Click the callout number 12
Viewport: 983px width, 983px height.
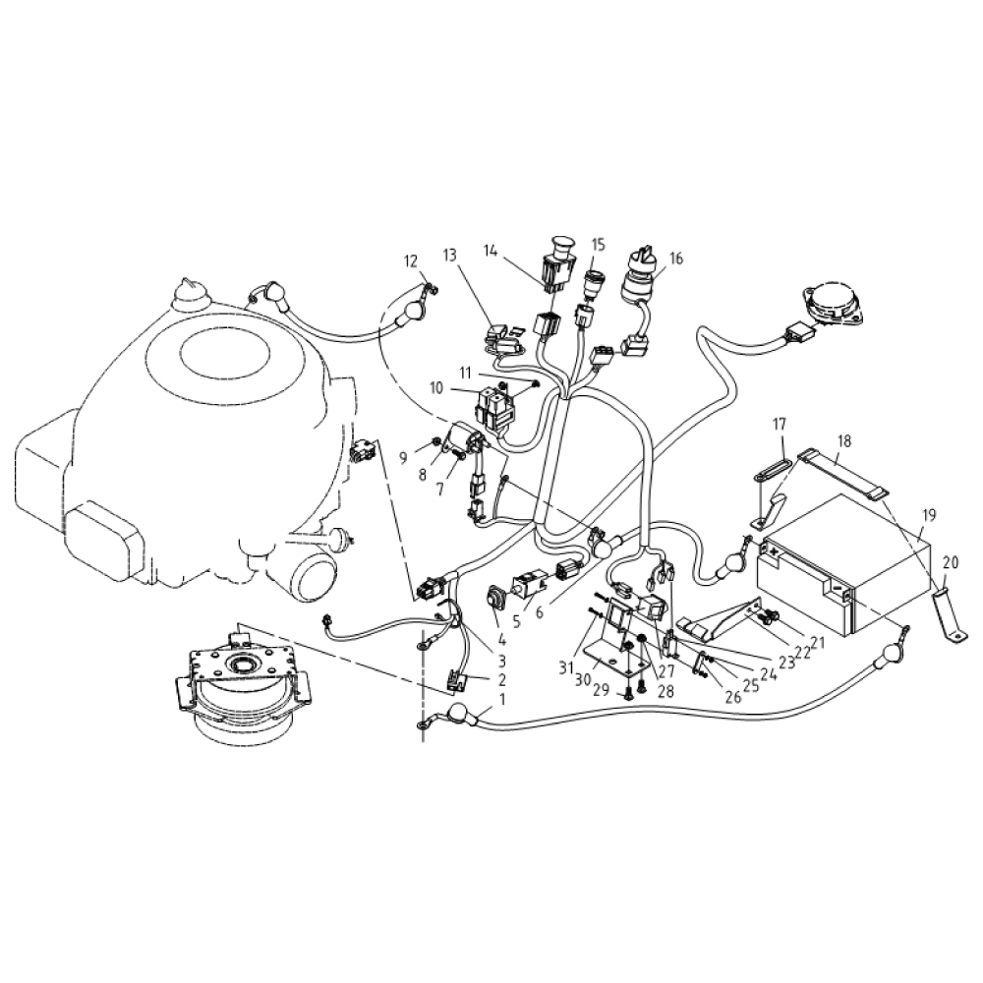pos(411,260)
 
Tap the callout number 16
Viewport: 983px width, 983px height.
pos(675,259)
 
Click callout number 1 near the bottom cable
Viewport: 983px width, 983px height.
pos(502,700)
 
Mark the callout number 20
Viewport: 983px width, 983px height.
pos(949,562)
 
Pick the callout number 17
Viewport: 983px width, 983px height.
pos(779,425)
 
